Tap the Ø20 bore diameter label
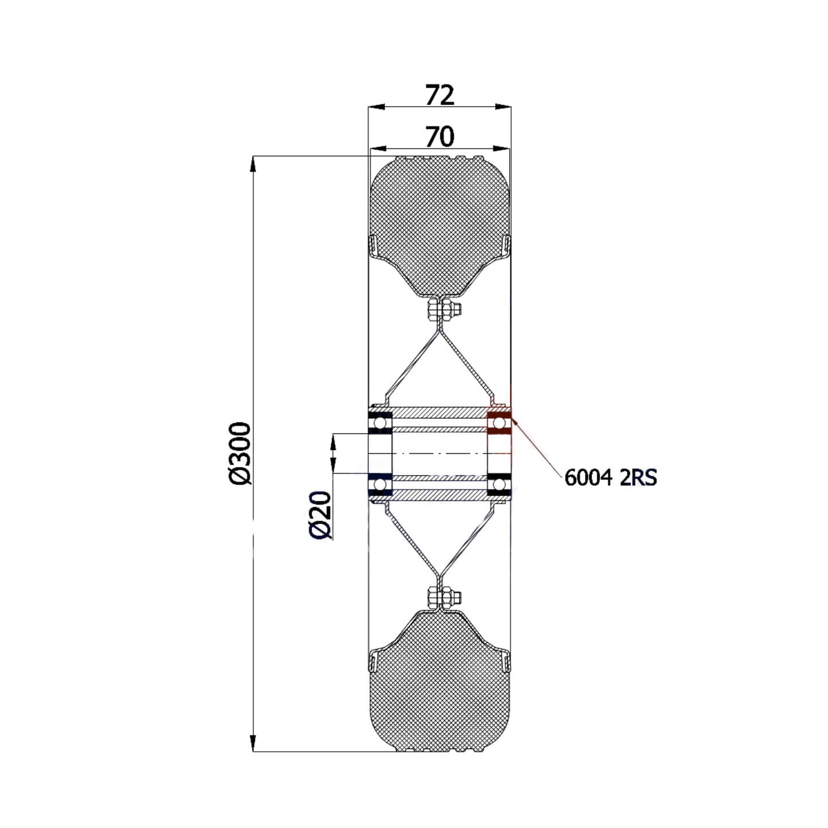[320, 515]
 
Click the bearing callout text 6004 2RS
[610, 477]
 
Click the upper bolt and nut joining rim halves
[445, 311]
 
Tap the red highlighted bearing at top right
[499, 423]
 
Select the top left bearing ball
[379, 423]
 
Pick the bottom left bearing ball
[379, 486]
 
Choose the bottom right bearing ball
[499, 486]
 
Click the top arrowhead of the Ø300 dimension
[252, 163]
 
